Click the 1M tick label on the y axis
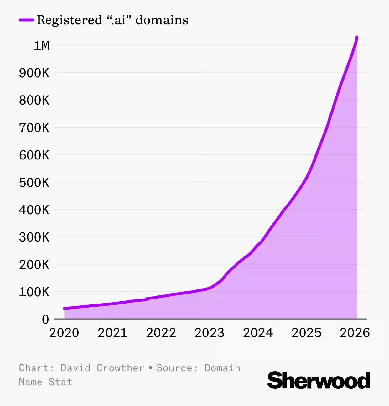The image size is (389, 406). (41, 46)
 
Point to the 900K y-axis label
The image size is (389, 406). (34, 73)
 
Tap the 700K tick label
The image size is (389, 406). (34, 128)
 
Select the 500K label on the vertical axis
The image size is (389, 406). (34, 182)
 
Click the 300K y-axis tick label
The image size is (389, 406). (34, 237)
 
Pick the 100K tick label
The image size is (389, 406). (34, 292)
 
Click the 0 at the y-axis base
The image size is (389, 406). (45, 320)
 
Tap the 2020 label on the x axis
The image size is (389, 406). (64, 333)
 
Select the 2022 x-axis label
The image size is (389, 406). (161, 333)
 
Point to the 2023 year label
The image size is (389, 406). (210, 333)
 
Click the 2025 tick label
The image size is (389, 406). (306, 333)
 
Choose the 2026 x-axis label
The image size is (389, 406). (355, 333)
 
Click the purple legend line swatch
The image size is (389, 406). (26, 20)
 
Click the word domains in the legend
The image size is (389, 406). (162, 20)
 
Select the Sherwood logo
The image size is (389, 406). (319, 380)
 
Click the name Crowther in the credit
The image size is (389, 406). (120, 368)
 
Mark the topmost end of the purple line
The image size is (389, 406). (357, 37)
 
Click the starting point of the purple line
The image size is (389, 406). (64, 309)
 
